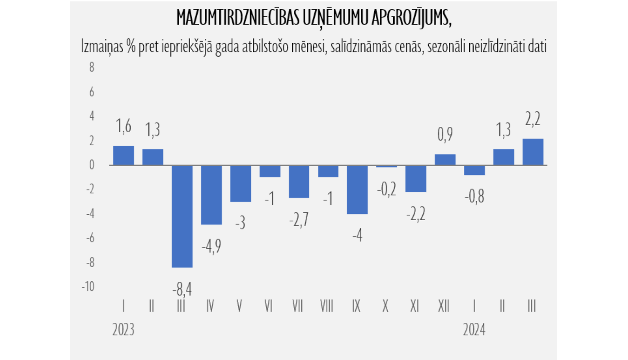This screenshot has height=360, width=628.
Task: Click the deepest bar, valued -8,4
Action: [182, 216]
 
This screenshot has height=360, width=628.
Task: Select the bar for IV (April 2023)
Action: [211, 195]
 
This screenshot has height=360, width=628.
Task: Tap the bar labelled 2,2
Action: [533, 152]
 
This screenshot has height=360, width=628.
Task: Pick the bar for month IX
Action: [357, 190]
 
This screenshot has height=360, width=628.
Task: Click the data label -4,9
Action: [211, 246]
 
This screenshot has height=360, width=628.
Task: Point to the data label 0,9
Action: [445, 134]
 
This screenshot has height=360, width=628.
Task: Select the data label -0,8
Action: [474, 196]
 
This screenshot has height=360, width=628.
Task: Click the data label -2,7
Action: [299, 219]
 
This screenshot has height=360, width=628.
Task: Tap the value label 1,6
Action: [124, 126]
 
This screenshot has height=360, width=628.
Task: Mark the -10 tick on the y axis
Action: [88, 287]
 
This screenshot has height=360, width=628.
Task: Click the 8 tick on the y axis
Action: [92, 67]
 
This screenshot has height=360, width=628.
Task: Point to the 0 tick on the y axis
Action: [92, 165]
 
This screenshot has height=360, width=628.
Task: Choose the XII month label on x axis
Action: [444, 306]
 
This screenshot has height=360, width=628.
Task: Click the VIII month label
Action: [327, 306]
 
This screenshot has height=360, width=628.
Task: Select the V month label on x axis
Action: [239, 306]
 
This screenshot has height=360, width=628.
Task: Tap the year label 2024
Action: [474, 330]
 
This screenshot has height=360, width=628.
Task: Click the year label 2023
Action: [123, 330]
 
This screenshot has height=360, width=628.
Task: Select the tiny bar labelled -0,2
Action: [386, 166]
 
